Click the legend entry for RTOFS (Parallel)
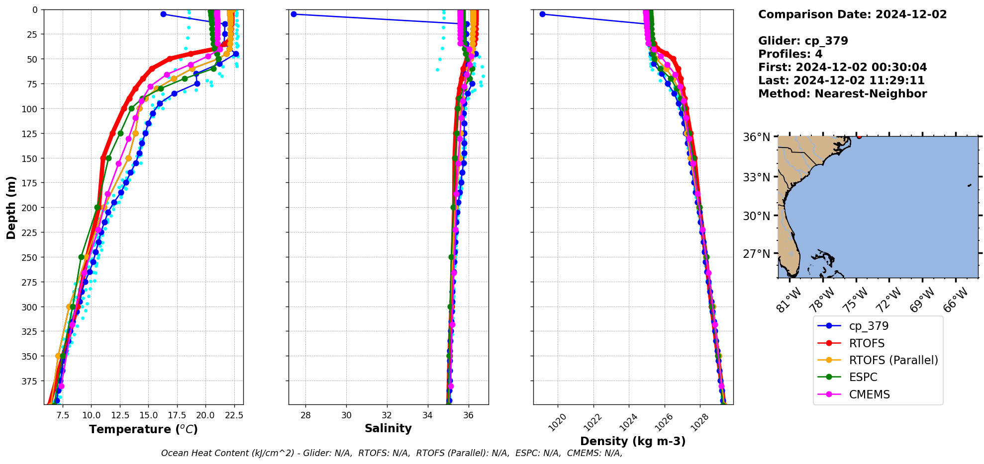click(893, 360)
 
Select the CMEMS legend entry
click(869, 394)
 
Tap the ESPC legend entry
click(863, 377)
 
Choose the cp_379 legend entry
click(869, 326)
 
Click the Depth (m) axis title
click(11, 207)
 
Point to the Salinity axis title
click(388, 428)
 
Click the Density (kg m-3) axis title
click(633, 441)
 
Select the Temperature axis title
click(143, 429)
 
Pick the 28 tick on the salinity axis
click(305, 415)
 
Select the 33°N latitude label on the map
click(756, 177)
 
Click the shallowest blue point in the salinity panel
click(294, 14)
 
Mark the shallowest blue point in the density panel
click(542, 14)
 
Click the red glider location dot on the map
click(859, 136)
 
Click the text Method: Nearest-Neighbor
click(842, 94)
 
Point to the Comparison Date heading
click(852, 14)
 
